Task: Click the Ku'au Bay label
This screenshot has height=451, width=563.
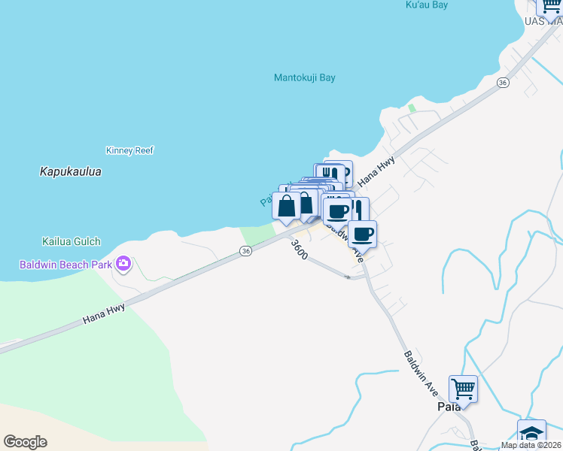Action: pos(426,5)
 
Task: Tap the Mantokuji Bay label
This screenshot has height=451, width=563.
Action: pos(304,77)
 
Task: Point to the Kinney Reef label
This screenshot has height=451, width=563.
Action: pos(129,150)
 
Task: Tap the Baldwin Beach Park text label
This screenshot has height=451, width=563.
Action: pos(65,265)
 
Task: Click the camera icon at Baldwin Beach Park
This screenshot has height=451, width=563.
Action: pos(123,264)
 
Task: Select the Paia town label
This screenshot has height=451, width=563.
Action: pos(449,406)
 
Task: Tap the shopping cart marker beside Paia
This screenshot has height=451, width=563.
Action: pos(463,389)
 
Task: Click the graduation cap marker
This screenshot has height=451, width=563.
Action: pos(531,434)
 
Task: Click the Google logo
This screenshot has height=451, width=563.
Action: pos(25,442)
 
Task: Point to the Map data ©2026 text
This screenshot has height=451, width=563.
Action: pos(531,445)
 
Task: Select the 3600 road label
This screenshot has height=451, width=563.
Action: pos(299,250)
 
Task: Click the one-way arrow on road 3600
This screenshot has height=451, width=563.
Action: pos(348,277)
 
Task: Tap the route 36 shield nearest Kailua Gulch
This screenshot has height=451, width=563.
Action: pos(245,251)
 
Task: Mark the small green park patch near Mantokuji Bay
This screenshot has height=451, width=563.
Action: pos(412,108)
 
